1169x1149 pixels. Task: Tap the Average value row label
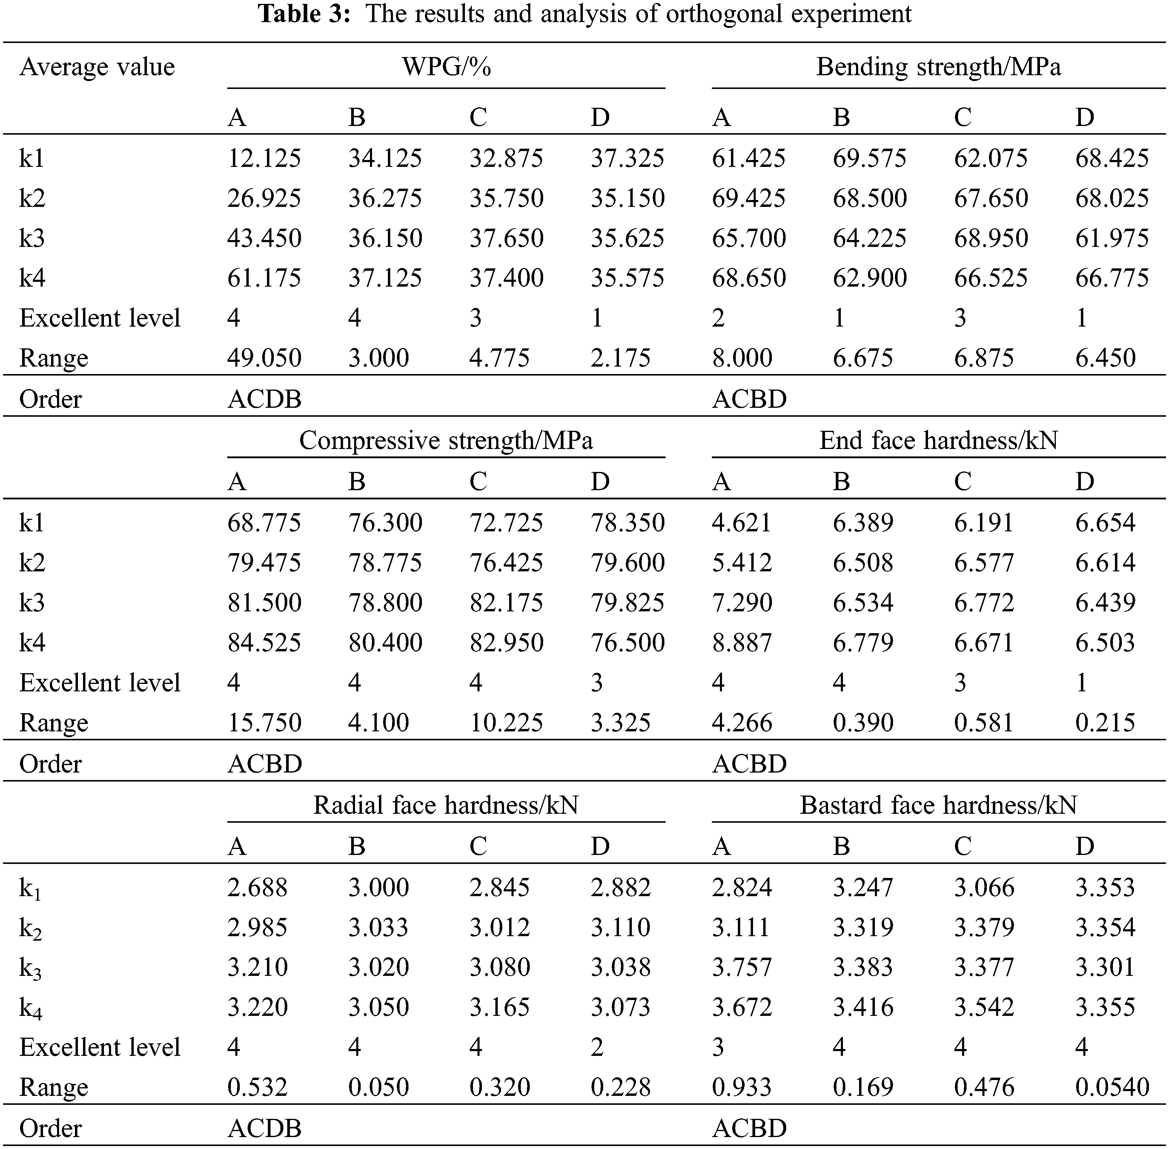click(x=96, y=67)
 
